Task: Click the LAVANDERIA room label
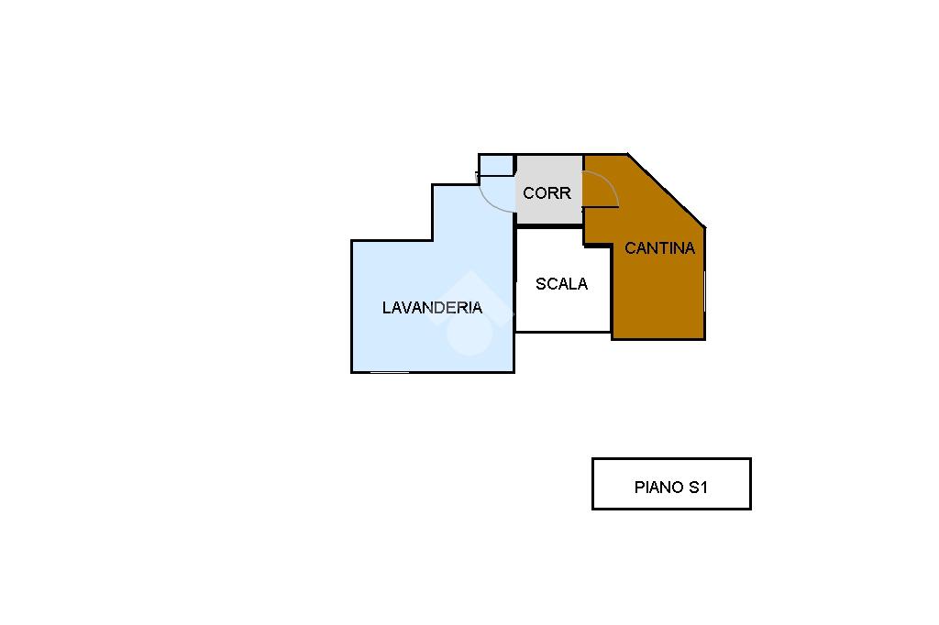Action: (432, 308)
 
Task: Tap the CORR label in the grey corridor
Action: (547, 193)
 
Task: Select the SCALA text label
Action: (561, 284)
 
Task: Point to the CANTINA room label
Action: (659, 248)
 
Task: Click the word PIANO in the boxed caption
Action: (657, 488)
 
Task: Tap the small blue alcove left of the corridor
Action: (496, 165)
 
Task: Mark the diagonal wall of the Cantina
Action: (667, 191)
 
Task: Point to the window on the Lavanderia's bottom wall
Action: (390, 372)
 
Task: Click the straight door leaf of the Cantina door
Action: (601, 207)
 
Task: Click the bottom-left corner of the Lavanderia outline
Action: (352, 371)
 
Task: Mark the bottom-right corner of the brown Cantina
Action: (703, 338)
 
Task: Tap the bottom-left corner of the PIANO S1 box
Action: (593, 508)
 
